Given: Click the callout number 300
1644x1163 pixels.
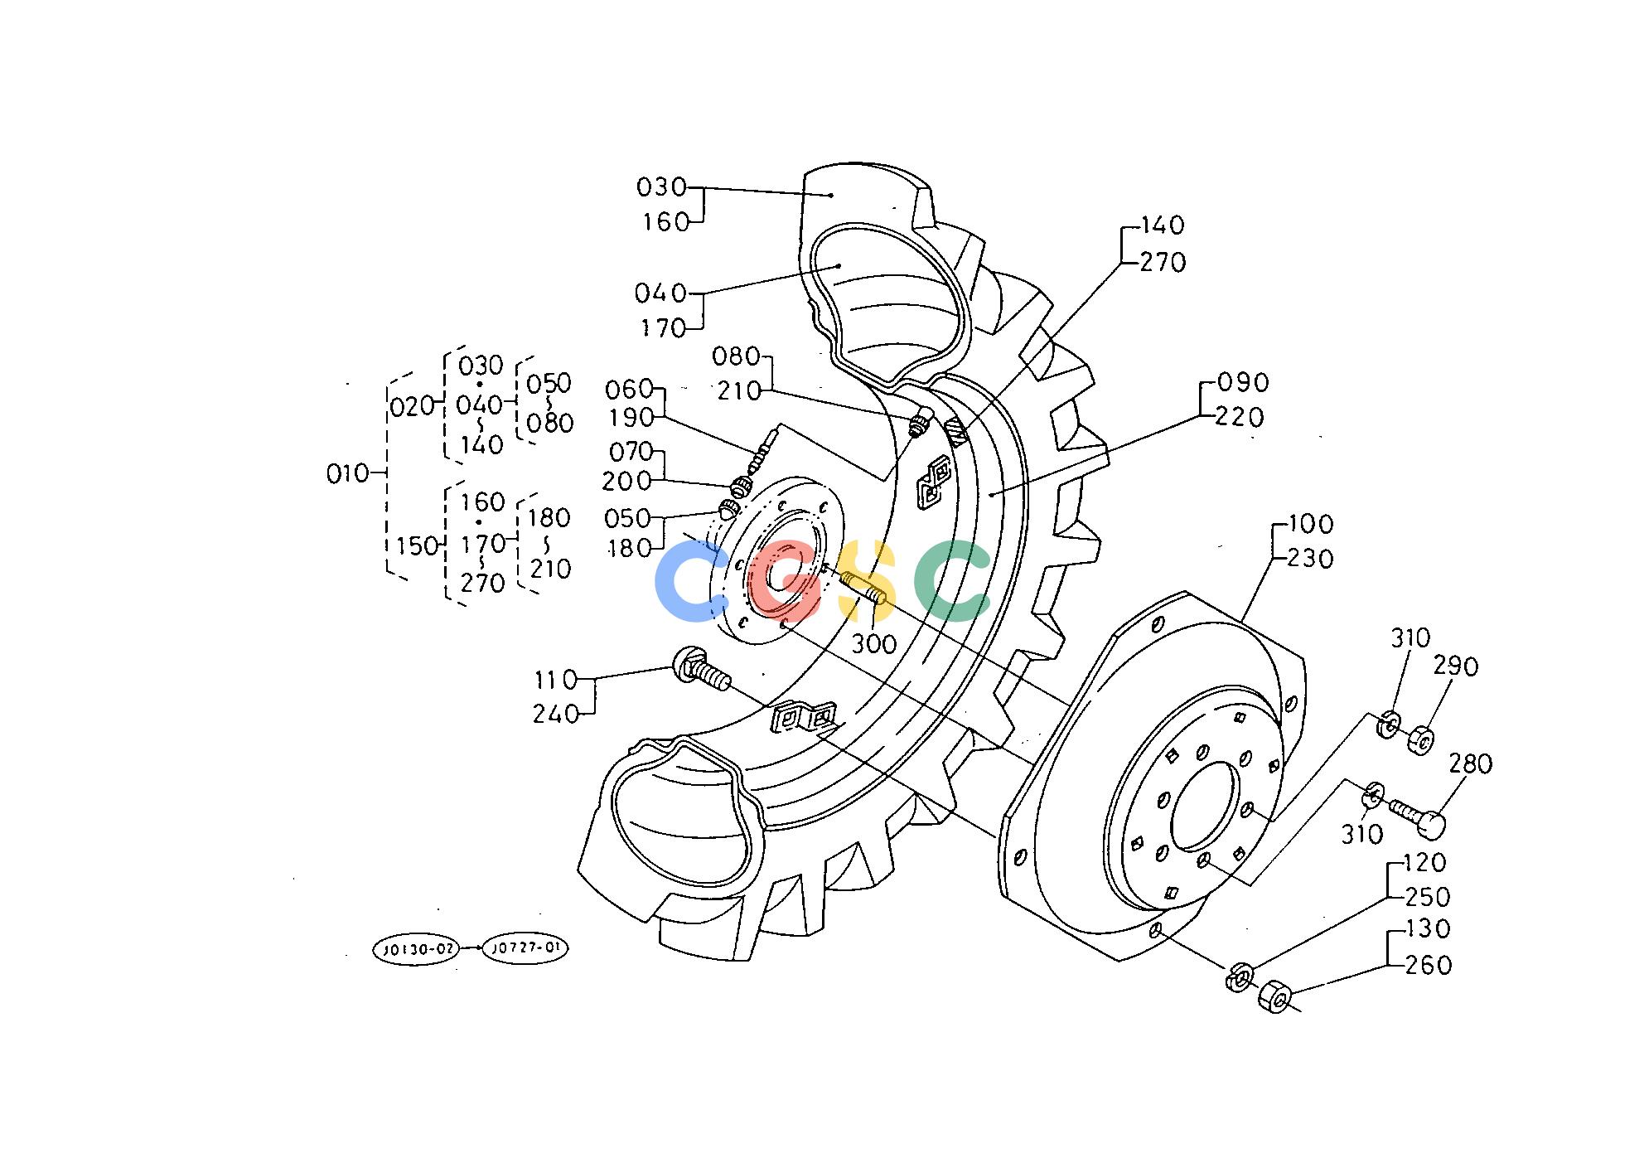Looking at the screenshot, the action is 873,643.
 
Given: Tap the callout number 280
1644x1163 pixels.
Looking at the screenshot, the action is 1470,763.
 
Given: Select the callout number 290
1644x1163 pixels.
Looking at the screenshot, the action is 1456,666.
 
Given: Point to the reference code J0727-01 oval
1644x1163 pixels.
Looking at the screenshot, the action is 525,948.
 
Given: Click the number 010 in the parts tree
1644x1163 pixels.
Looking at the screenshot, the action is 348,474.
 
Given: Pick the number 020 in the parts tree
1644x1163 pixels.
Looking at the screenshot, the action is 413,406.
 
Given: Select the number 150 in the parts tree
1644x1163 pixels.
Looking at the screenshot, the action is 416,545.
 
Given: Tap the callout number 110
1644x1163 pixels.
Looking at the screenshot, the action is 555,681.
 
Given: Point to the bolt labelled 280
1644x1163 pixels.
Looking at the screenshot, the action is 1418,816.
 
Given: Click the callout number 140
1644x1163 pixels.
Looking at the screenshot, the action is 1163,225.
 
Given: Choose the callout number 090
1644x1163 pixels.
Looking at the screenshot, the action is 1244,383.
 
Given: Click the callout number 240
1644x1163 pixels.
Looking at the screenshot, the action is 555,715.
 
